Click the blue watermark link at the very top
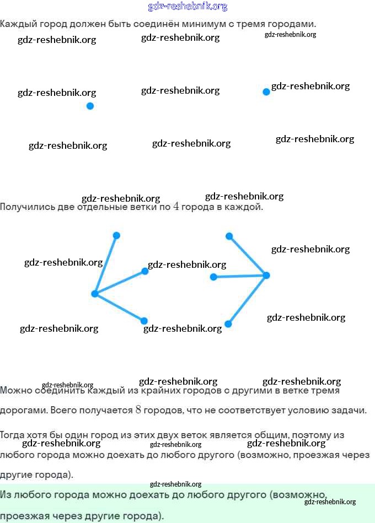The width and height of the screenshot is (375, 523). [187, 7]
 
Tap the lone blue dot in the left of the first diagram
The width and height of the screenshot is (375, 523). [90, 106]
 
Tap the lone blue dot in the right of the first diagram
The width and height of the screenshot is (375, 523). [266, 91]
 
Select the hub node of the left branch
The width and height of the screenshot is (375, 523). [94, 294]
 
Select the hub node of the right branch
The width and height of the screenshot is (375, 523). [266, 275]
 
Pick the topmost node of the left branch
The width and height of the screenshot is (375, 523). [116, 235]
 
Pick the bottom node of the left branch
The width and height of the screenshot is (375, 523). [144, 321]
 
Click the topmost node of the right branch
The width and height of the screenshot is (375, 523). [229, 236]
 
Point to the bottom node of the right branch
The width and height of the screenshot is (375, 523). [228, 324]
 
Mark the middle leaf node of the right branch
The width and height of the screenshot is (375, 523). [214, 277]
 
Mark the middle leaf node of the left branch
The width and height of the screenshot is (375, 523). [145, 271]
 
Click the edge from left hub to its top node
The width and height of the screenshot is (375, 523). [105, 265]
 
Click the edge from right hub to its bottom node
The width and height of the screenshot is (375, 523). [247, 300]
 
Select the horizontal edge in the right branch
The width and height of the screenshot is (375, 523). [240, 276]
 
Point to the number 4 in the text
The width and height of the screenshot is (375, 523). [176, 207]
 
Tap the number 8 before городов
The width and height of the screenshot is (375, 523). [138, 410]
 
